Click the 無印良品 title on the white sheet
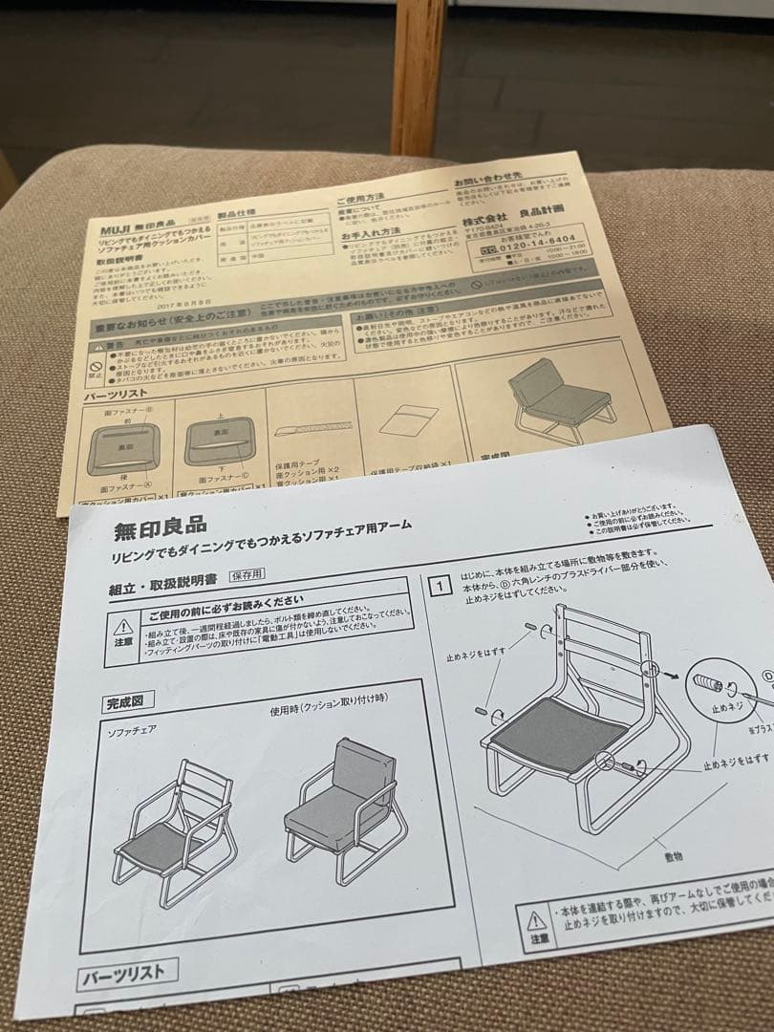(x=160, y=527)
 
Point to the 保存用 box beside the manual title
(x=245, y=574)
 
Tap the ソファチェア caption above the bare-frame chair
(x=132, y=730)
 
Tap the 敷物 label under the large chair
(x=674, y=856)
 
